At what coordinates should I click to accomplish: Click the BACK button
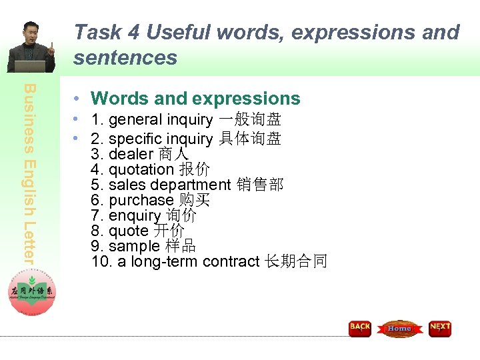pyautogui.click(x=360, y=328)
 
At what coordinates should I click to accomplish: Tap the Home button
pyautogui.click(x=399, y=328)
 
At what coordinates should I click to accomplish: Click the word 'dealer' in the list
pyautogui.click(x=131, y=154)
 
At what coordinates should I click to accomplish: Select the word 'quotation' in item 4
pyautogui.click(x=141, y=169)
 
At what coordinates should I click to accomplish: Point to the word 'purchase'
pyautogui.click(x=141, y=200)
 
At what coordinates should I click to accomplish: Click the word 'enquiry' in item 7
pyautogui.click(x=134, y=215)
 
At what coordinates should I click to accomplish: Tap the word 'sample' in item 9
pyautogui.click(x=134, y=246)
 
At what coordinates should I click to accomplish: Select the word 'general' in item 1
pyautogui.click(x=135, y=120)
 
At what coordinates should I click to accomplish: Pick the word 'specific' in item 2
pyautogui.click(x=135, y=139)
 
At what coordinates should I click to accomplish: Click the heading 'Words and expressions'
pyautogui.click(x=195, y=99)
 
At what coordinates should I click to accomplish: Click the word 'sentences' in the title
pyautogui.click(x=125, y=58)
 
